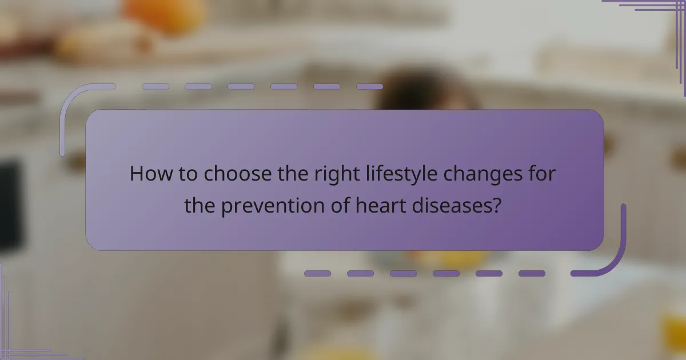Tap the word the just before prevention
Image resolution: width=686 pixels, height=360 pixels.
200,205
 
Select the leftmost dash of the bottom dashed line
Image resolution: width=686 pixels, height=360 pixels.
317,274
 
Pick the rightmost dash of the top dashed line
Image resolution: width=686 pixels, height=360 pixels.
369,87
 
